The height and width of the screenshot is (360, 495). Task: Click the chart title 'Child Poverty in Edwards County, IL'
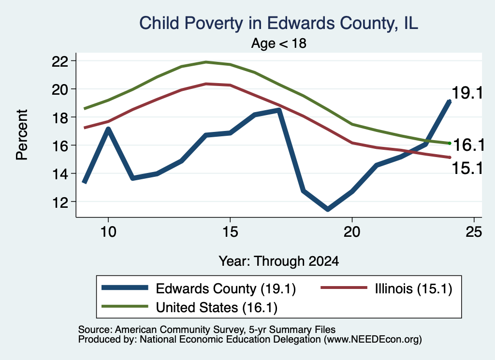(279, 24)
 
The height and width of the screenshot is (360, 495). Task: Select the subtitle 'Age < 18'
(279, 43)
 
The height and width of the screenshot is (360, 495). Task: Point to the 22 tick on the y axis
(59, 61)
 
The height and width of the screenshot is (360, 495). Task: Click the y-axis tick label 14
(59, 174)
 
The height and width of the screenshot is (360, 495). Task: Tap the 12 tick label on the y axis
(59, 202)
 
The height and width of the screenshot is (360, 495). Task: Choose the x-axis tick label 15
(230, 232)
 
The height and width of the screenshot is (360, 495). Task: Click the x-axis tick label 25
(474, 232)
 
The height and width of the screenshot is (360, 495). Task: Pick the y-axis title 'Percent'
(22, 135)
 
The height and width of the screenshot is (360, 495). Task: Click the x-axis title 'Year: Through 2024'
(279, 261)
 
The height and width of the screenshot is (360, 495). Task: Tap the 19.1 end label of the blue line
(467, 93)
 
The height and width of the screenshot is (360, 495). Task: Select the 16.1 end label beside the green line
(468, 145)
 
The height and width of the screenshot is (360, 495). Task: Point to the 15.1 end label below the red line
(467, 168)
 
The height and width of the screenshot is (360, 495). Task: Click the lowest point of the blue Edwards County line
(328, 209)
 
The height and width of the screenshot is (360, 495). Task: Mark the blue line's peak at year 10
(108, 129)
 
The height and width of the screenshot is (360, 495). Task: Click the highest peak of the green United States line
(206, 62)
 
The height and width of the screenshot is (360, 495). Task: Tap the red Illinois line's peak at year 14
(206, 84)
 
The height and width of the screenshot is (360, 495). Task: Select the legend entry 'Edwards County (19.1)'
(199, 288)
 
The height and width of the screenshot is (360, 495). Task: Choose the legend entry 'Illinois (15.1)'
(386, 288)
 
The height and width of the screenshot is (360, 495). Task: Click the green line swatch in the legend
(125, 306)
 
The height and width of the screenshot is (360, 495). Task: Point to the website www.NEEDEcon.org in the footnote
(373, 339)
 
